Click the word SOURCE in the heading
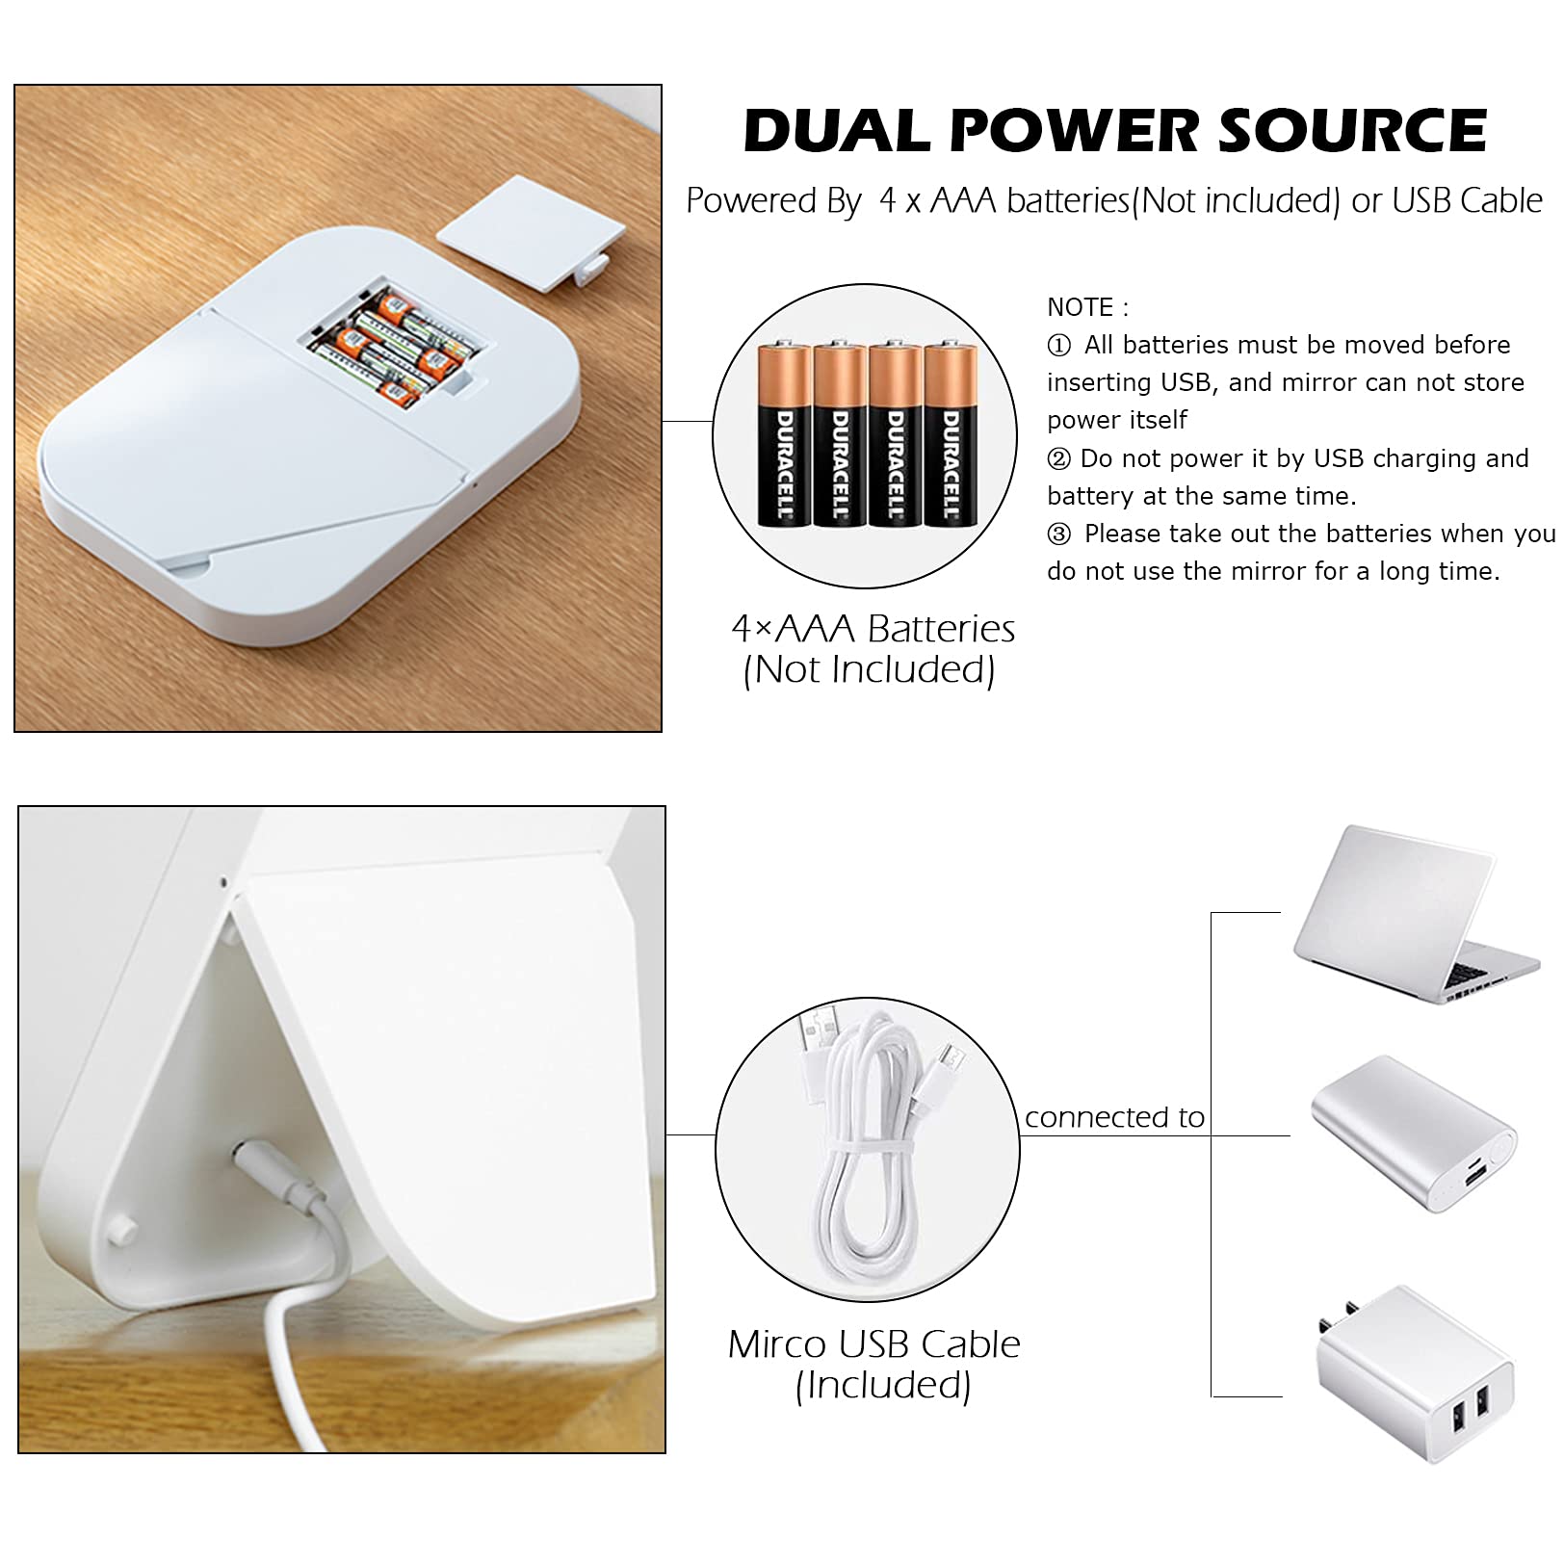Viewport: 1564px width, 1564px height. pyautogui.click(x=1352, y=131)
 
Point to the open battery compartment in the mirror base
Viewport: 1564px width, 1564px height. pyautogui.click(x=395, y=342)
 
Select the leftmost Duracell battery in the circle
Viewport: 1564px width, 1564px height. pyautogui.click(x=784, y=435)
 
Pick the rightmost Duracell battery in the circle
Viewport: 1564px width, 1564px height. pyautogui.click(x=951, y=435)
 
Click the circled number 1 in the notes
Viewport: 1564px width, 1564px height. pyautogui.click(x=1058, y=345)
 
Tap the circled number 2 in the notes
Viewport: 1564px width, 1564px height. pyautogui.click(x=1058, y=458)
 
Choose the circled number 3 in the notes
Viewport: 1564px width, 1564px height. pyautogui.click(x=1058, y=534)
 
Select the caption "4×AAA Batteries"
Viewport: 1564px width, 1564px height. pyautogui.click(x=873, y=629)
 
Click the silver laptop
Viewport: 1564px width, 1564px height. pyautogui.click(x=1416, y=915)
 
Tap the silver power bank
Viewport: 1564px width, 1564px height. pyautogui.click(x=1414, y=1134)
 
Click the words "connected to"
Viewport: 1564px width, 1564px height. pyautogui.click(x=1114, y=1117)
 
